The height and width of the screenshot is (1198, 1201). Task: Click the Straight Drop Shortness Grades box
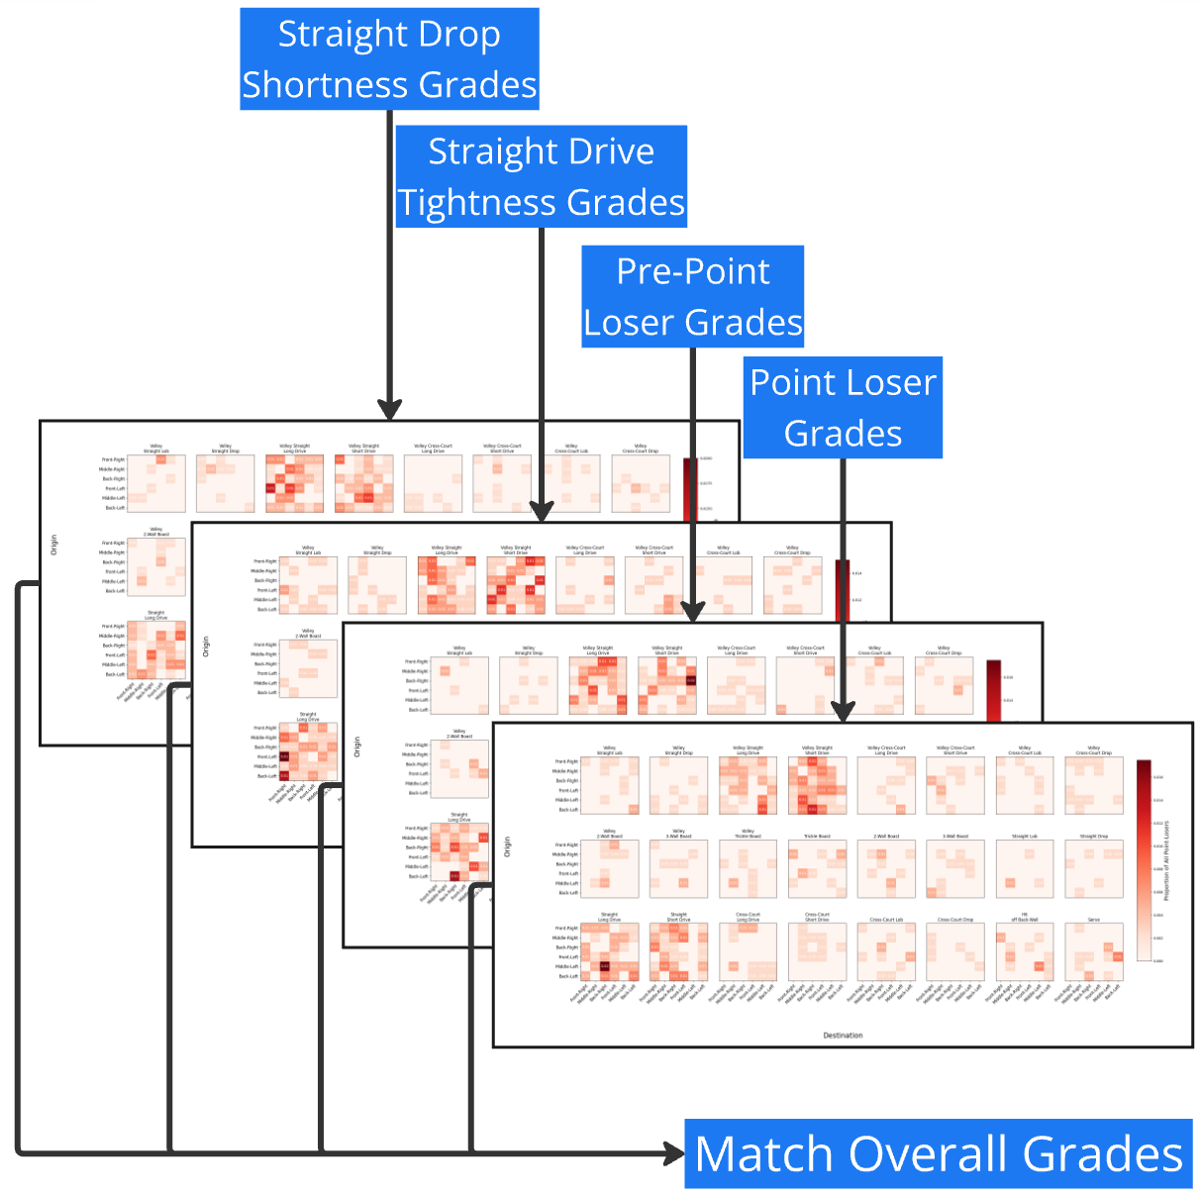[389, 59]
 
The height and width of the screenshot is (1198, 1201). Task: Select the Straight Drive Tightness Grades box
[541, 176]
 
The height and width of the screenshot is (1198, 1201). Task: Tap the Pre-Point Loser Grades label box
[692, 296]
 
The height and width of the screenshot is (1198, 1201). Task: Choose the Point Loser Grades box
[843, 407]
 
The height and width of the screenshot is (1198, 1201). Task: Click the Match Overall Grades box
[939, 1153]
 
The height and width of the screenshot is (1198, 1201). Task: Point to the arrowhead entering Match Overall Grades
[674, 1153]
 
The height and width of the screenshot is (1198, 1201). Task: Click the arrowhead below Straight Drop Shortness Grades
[390, 410]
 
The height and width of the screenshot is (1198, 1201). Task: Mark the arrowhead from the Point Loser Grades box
[843, 712]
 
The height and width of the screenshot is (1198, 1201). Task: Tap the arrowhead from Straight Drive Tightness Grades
[542, 512]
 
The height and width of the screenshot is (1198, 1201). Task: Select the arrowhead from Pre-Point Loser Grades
[693, 611]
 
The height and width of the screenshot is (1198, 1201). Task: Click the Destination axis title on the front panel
[843, 1036]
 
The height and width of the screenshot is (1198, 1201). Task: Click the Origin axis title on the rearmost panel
[54, 546]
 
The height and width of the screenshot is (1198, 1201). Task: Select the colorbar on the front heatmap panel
[1144, 860]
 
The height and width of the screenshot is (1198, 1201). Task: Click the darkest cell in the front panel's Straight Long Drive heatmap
[604, 966]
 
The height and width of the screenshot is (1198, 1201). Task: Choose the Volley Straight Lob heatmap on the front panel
[610, 785]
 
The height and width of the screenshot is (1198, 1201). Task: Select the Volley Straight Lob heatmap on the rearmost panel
[156, 483]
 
